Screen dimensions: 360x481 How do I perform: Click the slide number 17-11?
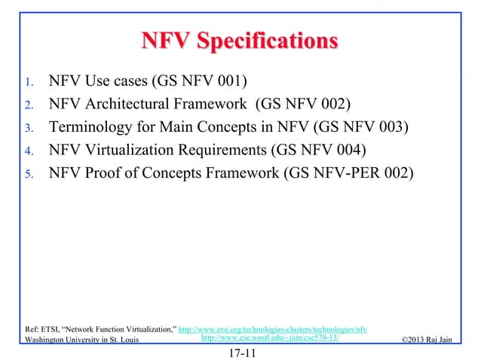pos(240,352)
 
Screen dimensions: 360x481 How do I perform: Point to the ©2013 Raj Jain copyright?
pos(427,340)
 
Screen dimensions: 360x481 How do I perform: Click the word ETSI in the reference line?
pos(51,330)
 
